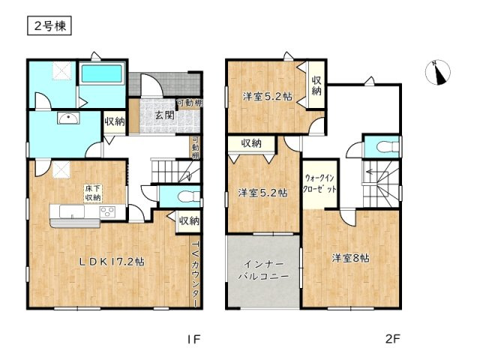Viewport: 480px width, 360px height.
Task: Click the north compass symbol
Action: [436, 73]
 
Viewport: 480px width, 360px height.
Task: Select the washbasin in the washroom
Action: [65, 118]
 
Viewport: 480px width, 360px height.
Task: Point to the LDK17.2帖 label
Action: [112, 262]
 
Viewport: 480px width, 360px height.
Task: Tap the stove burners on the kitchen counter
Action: [106, 212]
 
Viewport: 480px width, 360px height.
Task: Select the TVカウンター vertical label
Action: [195, 274]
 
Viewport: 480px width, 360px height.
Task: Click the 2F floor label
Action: [393, 338]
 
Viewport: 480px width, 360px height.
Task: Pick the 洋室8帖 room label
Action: [350, 258]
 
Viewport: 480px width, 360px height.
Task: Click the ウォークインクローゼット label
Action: [320, 185]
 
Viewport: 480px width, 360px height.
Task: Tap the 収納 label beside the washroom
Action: [114, 121]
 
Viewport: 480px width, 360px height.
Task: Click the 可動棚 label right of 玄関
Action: [188, 103]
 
